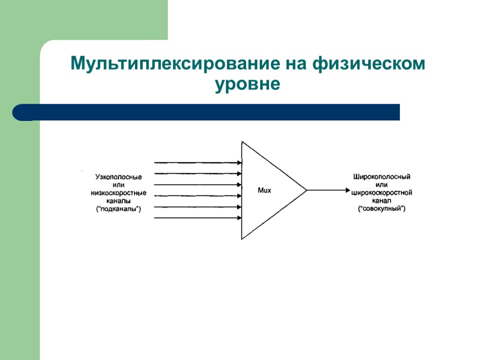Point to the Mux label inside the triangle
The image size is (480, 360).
265,190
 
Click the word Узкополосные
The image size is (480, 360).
119,177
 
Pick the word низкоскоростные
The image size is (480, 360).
119,193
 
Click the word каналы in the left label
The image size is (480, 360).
119,201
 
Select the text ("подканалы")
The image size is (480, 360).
119,209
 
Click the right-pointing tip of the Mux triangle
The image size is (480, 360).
306,190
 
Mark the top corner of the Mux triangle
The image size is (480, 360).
242,142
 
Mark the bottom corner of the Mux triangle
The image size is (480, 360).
242,239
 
